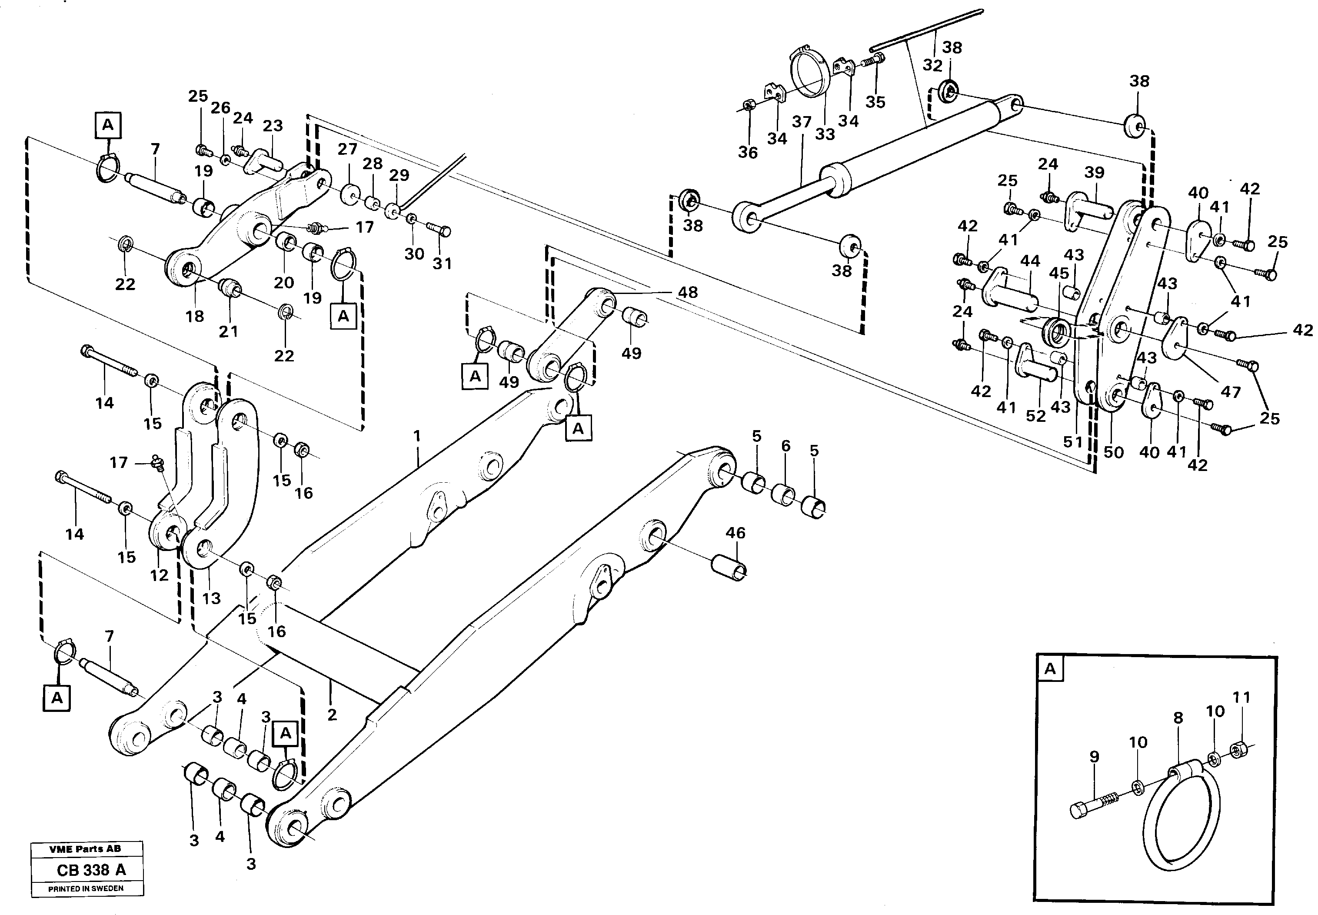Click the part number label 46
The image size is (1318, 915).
point(735,533)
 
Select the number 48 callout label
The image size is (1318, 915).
point(688,292)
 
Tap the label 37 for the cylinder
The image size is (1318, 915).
point(802,122)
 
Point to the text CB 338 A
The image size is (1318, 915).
point(91,870)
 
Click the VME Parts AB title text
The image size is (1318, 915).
point(85,849)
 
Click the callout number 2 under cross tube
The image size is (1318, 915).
point(332,715)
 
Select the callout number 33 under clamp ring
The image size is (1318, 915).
point(825,134)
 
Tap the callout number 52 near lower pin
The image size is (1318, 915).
point(1035,416)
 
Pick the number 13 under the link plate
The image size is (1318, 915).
point(211,598)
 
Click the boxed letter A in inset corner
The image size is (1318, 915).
point(1050,668)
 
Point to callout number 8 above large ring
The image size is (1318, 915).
point(1178,718)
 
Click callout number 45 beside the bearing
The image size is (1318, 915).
point(1058,274)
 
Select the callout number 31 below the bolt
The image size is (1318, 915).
point(442,264)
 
